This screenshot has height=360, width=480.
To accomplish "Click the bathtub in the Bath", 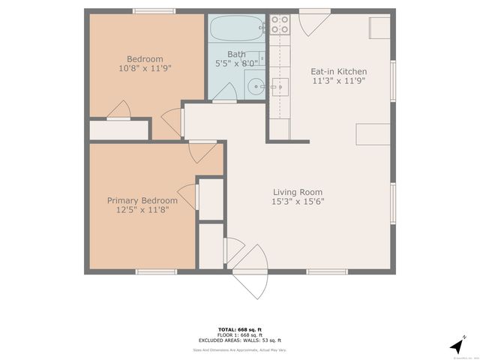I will (x=235, y=31).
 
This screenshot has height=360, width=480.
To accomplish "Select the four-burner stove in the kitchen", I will (x=280, y=24).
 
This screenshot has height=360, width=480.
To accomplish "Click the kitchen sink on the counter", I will (x=280, y=87).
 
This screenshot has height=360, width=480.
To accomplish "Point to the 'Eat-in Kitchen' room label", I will (x=338, y=72).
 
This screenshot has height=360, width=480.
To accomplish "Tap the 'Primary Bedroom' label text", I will (x=142, y=200).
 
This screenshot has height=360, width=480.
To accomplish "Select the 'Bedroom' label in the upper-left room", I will (x=145, y=59).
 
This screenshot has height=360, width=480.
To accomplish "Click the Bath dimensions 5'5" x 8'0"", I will (x=236, y=64).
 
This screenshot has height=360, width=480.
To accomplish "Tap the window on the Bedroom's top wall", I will (x=154, y=11).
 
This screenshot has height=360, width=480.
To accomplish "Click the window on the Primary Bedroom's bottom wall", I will (x=156, y=271).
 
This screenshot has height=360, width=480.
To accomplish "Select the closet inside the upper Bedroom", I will (x=119, y=130).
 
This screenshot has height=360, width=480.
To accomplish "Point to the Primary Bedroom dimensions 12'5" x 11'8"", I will (x=142, y=211).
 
